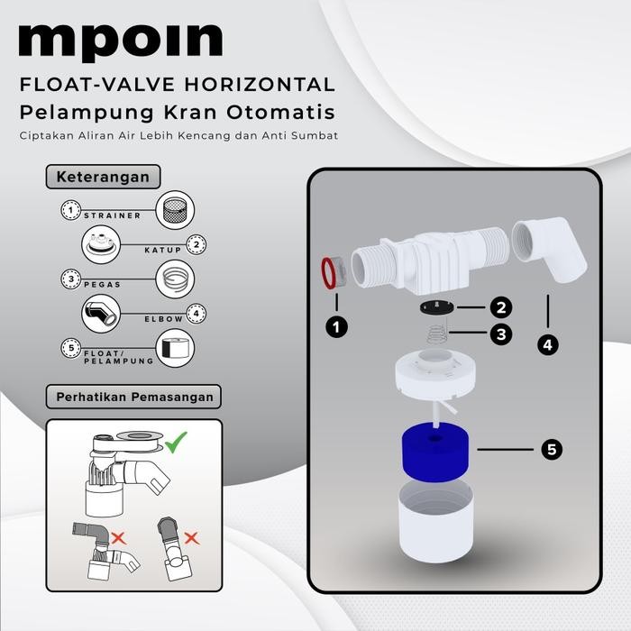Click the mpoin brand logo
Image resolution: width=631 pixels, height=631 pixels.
(x=120, y=41)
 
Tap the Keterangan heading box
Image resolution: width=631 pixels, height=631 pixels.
(x=97, y=176)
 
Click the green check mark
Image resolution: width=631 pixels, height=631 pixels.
(x=176, y=442)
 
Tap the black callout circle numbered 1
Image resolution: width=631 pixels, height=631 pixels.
(x=336, y=327)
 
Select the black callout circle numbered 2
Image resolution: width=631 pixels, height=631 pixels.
(x=502, y=307)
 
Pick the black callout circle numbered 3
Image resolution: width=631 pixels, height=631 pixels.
(x=502, y=334)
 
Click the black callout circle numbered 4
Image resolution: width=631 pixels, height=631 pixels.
(x=547, y=344)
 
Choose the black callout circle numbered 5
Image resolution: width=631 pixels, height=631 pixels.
(x=547, y=448)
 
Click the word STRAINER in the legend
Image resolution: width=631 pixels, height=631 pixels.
(x=112, y=216)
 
